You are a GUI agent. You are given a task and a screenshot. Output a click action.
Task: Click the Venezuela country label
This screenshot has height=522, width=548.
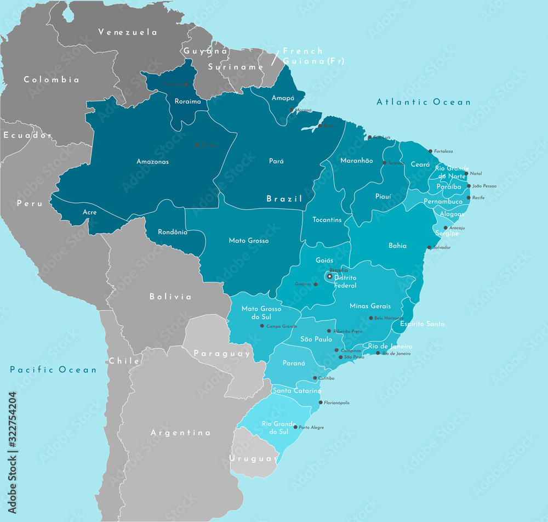point(128,32)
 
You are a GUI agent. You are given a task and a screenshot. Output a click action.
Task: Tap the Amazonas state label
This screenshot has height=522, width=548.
point(152,162)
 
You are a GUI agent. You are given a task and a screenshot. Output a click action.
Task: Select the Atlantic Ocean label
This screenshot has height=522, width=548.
point(424,102)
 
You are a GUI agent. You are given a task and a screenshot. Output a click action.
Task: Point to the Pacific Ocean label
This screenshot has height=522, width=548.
point(53,370)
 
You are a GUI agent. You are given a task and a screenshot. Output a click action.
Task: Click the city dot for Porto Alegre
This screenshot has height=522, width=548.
point(296,427)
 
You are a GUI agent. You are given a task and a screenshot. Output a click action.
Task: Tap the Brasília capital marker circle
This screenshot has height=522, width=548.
point(329,276)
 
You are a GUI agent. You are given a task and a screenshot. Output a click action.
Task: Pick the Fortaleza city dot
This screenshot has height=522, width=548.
point(431,151)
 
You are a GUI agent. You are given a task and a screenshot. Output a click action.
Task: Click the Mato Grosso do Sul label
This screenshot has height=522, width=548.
point(261,313)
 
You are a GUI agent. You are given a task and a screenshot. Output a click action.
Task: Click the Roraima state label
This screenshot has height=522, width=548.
point(187,101)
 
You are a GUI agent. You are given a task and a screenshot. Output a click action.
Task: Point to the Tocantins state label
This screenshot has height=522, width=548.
point(327,220)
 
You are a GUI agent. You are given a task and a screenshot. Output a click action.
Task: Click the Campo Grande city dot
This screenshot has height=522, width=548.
point(262,326)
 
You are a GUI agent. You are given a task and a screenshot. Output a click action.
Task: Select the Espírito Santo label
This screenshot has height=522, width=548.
point(422,324)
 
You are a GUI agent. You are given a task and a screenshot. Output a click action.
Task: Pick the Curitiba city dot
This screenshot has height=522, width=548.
point(315,378)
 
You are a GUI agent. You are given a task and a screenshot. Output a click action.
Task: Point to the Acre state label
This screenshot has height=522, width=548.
point(90,212)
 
